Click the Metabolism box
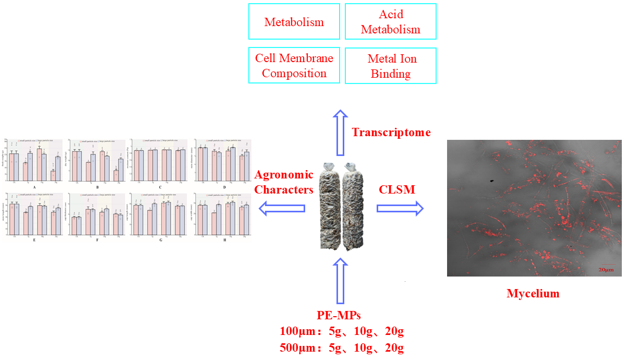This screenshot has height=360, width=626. [x=294, y=21]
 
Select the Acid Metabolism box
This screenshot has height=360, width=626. [x=391, y=21]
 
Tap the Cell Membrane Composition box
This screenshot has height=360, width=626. [x=294, y=66]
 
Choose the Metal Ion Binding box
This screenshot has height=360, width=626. [x=391, y=66]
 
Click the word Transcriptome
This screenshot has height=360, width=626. [x=391, y=133]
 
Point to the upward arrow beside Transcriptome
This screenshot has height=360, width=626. [x=340, y=133]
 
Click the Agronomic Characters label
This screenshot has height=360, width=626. [x=284, y=182]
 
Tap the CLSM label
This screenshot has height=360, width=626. [x=397, y=190]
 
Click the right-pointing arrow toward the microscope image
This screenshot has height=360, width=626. [x=400, y=209]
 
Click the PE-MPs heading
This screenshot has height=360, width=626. [x=339, y=315]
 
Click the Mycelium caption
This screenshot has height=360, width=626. [x=533, y=294]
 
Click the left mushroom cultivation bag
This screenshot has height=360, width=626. [x=328, y=206]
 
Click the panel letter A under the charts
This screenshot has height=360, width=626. [x=34, y=186]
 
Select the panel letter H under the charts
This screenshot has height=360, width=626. [x=223, y=240]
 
